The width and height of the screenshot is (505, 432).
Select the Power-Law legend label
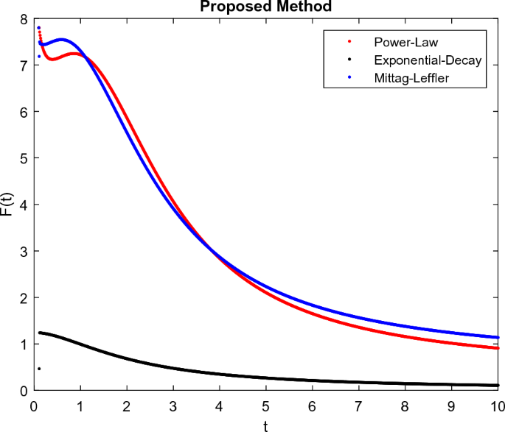401,42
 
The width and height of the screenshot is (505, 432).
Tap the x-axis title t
266,425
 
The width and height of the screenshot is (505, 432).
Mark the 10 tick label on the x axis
498,404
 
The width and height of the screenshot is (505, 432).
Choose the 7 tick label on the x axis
358,404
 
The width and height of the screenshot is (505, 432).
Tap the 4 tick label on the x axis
220,404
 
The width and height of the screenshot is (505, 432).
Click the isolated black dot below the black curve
38,369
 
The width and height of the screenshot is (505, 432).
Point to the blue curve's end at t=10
498,337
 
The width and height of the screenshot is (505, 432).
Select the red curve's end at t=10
498,348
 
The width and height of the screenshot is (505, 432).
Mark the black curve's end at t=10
498,385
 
